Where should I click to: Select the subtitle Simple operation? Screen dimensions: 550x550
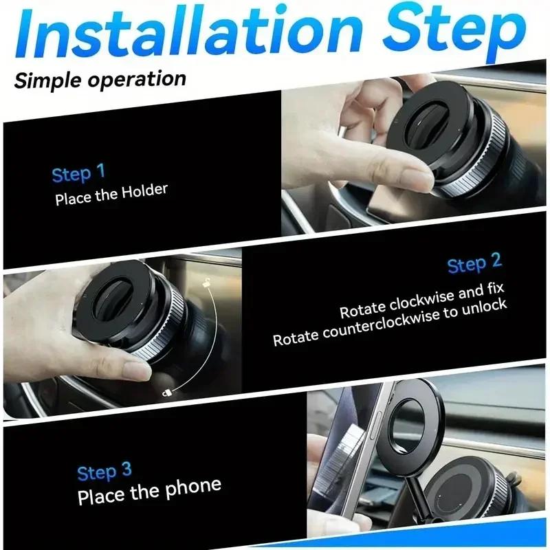coord(100,79)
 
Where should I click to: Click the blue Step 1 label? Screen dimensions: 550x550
coord(78,173)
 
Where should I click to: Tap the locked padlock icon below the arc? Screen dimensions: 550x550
coord(166,393)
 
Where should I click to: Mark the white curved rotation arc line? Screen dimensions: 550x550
coord(219,337)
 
